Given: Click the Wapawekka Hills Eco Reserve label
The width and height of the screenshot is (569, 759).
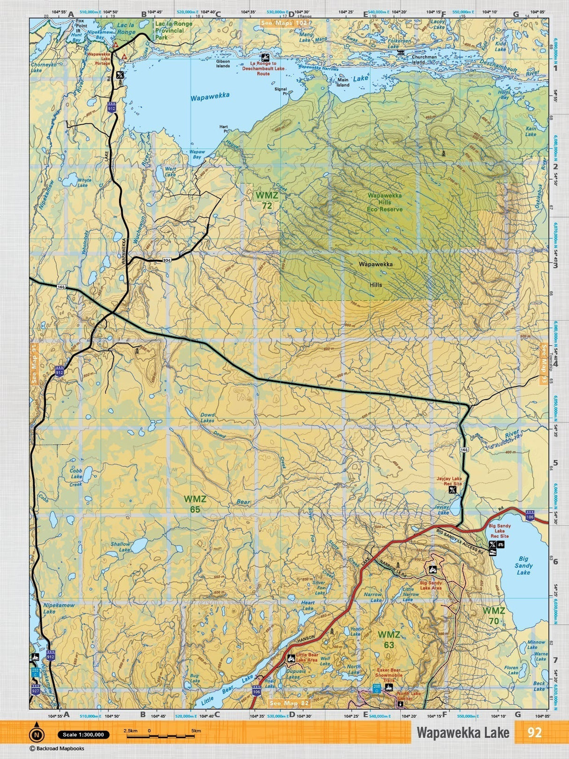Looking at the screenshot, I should click(384, 202).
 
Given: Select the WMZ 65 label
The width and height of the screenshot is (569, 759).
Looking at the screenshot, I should click(195, 504).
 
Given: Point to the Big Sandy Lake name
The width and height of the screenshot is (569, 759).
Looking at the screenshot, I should click(523, 565).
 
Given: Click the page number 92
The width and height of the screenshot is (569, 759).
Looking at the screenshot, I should click(534, 732).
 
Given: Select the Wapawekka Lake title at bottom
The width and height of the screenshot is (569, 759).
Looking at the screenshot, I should click(463, 732).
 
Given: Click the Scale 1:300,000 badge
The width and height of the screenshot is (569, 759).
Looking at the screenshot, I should click(84, 735).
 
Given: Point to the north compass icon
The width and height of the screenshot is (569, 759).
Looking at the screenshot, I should click(36, 734).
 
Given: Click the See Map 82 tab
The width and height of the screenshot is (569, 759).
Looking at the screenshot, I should click(290, 703).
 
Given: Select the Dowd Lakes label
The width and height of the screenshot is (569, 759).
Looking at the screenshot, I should click(207, 417).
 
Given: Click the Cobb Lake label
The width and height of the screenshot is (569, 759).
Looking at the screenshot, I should click(76, 473).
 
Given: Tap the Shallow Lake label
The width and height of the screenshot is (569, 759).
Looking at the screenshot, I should click(121, 547).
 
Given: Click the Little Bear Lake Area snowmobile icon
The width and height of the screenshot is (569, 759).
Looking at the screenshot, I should click(291, 658).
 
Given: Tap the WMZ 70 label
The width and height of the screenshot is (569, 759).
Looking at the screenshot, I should click(494, 615).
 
